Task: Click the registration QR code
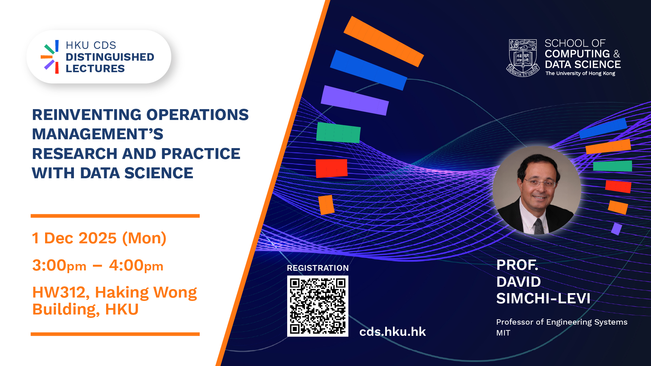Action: pyautogui.click(x=318, y=306)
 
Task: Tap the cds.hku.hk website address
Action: pyautogui.click(x=392, y=331)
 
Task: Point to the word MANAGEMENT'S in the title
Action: pyautogui.click(x=98, y=134)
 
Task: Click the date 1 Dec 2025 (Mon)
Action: pyautogui.click(x=99, y=238)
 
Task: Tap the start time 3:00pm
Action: pyautogui.click(x=59, y=265)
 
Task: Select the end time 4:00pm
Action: pyautogui.click(x=136, y=265)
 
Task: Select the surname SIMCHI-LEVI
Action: pyautogui.click(x=543, y=299)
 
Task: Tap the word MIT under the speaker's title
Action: pyautogui.click(x=503, y=333)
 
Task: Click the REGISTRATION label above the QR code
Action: pyautogui.click(x=318, y=268)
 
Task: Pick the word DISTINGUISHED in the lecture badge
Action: pyautogui.click(x=110, y=57)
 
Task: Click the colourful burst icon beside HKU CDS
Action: pyautogui.click(x=50, y=57)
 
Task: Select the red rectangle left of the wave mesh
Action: pyautogui.click(x=332, y=168)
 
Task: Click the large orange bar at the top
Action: pyautogui.click(x=384, y=41)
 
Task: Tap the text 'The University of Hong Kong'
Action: pyautogui.click(x=580, y=73)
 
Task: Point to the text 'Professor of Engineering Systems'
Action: pyautogui.click(x=562, y=322)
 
